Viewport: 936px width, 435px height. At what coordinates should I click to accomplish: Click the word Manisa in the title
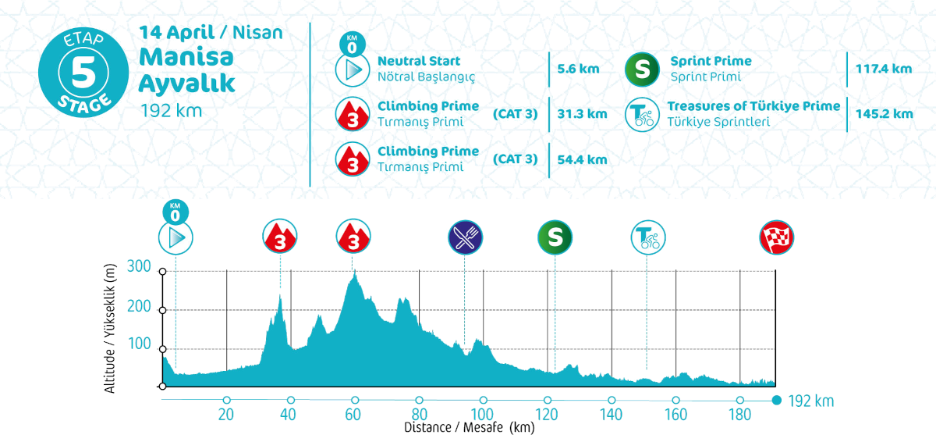point(177,57)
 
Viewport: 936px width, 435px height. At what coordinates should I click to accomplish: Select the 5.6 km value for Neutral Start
point(578,69)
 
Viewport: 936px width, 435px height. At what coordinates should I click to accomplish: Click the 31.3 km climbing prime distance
point(581,114)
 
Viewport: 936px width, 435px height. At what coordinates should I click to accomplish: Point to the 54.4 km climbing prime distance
point(581,159)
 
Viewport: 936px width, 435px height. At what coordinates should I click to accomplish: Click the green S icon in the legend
point(641,70)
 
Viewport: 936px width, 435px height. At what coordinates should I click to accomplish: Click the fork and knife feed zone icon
point(466,237)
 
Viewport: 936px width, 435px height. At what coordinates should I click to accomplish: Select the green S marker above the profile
point(555,237)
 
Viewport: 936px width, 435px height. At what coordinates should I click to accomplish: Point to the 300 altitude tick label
point(139,266)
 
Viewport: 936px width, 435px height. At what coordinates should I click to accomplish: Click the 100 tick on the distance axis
point(483,414)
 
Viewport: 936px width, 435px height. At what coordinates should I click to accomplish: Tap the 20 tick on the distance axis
point(227,414)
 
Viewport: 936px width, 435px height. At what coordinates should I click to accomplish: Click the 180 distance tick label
point(739,414)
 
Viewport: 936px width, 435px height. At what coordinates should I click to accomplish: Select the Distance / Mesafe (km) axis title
point(469,427)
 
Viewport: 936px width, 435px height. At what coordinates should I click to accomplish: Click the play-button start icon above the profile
point(175,237)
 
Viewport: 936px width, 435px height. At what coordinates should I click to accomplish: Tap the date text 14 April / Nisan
point(211,33)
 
